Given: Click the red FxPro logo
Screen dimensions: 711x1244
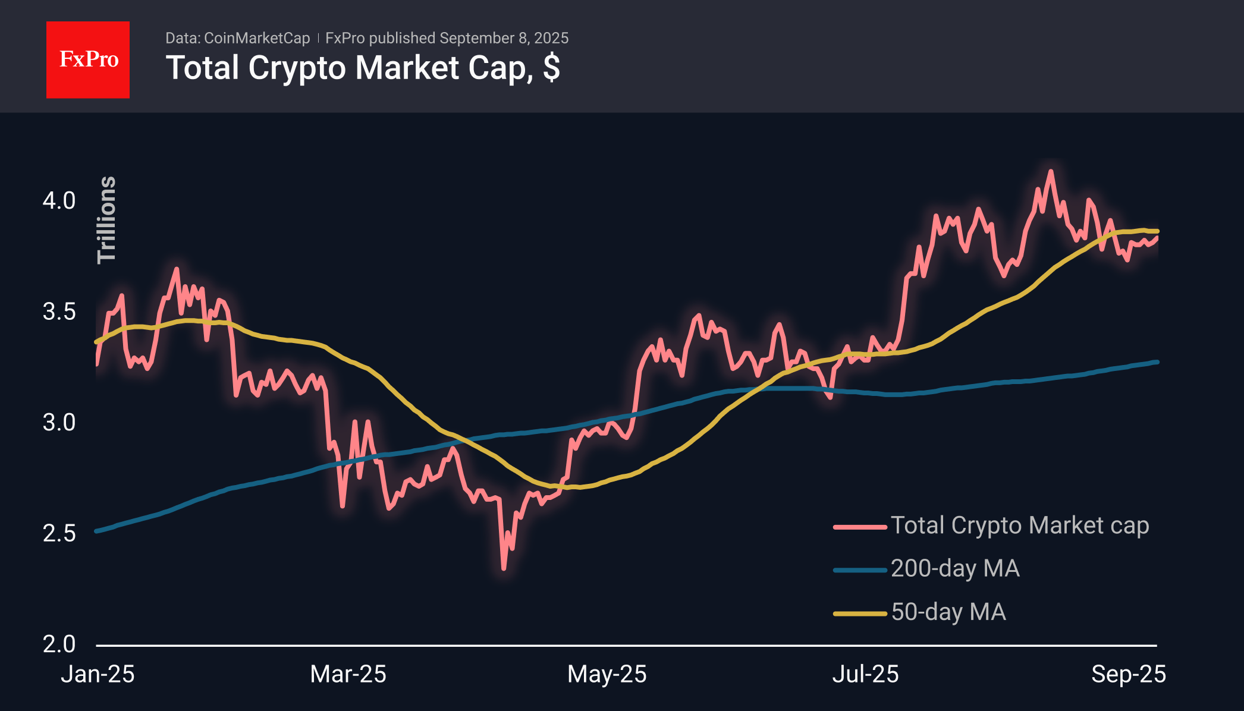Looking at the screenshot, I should (88, 59).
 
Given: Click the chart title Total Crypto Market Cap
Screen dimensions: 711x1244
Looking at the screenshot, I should (362, 68).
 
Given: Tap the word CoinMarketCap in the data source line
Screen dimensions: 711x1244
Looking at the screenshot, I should (256, 38).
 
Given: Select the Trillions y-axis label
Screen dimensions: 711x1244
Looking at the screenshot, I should (107, 219).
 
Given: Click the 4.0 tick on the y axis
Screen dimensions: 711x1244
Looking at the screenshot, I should (59, 201).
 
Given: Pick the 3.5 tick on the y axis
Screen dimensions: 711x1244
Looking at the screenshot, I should (59, 312).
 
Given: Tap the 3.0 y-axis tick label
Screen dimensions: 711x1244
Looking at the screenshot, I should (59, 423).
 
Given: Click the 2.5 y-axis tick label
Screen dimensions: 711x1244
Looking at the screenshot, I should (59, 533).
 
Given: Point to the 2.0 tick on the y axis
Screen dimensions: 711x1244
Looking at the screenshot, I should (59, 644).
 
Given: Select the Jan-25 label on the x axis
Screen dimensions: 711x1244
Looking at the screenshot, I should (98, 674).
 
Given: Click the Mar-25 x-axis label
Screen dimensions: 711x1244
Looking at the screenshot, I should (348, 674).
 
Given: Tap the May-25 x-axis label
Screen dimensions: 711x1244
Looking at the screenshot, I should (607, 674).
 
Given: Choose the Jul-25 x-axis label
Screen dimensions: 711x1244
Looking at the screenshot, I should (865, 674).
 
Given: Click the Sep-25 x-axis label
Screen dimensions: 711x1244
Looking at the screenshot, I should (1128, 674).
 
